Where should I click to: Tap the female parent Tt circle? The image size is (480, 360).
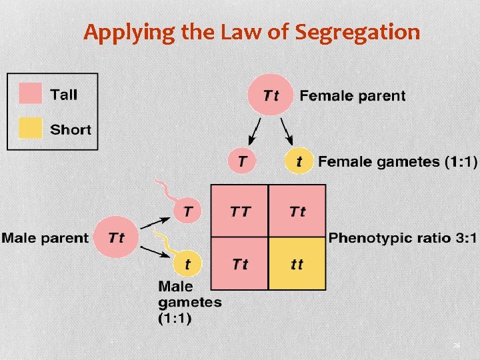tap(271, 95)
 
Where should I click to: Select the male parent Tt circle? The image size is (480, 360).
tap(117, 237)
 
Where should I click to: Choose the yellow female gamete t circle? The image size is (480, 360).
tap(299, 161)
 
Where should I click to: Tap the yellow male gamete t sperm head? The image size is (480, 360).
tap(188, 264)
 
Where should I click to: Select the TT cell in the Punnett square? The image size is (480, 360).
tap(240, 211)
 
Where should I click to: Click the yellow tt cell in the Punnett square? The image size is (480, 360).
tap(297, 264)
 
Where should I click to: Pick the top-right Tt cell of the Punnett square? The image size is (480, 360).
tap(297, 211)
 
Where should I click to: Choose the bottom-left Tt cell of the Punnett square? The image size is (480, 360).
tap(240, 264)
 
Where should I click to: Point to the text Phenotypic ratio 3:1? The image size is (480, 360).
tap(403, 237)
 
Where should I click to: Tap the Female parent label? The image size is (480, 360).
tap(352, 95)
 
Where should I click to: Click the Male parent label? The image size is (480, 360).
tap(45, 237)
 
